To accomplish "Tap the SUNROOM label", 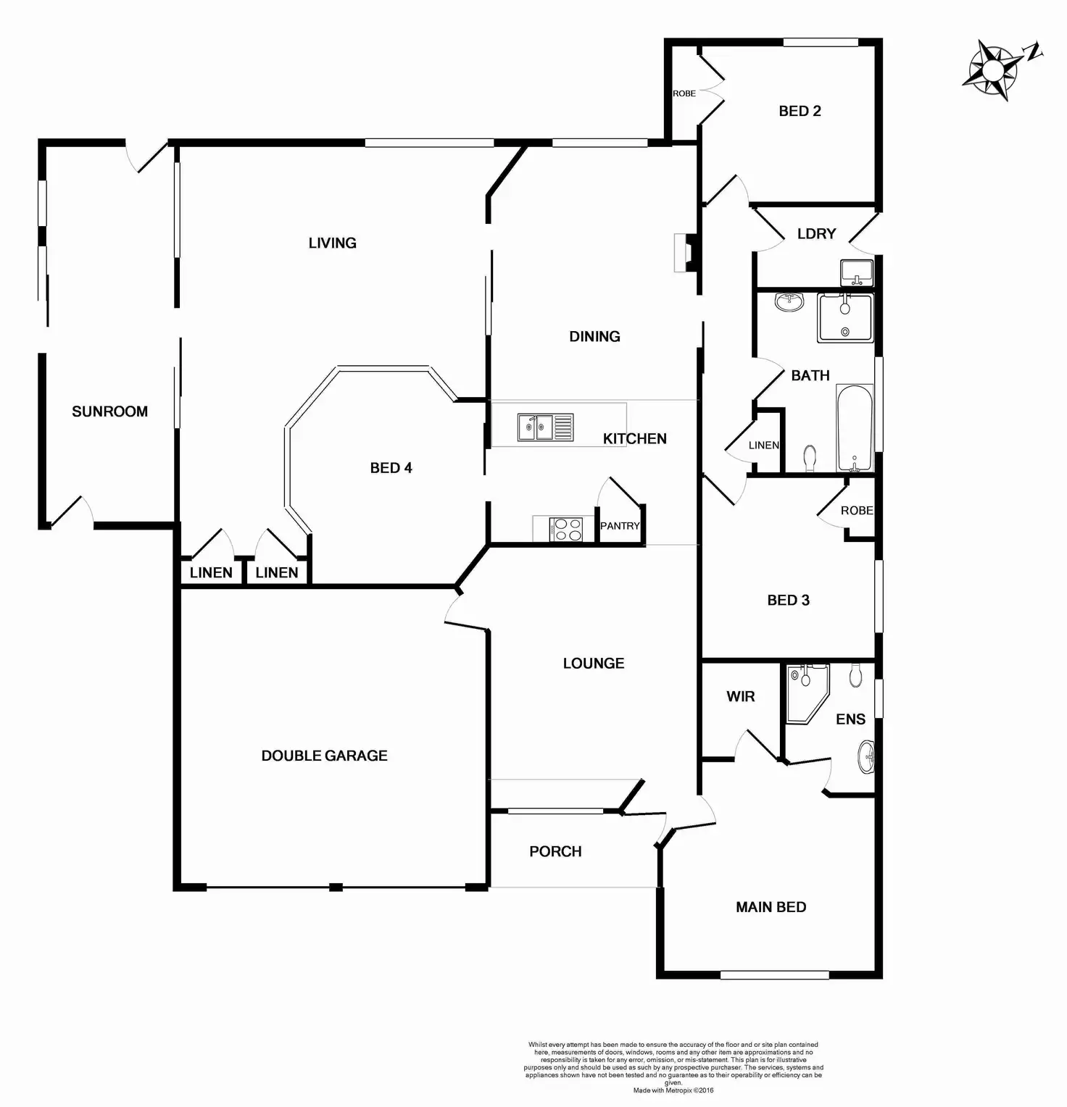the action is (109, 412).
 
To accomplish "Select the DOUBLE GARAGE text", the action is (324, 756).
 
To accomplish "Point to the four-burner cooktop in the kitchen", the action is (565, 529).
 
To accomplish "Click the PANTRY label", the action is (620, 526).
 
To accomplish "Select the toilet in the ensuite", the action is (856, 675).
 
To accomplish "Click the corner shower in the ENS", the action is (806, 692).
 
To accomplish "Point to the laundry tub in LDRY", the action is (857, 273).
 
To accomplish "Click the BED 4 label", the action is (391, 468).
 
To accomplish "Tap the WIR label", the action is (740, 696).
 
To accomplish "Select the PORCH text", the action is (555, 851).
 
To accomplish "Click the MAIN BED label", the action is (771, 907).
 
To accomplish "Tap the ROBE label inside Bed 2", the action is (684, 93).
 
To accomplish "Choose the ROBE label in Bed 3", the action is (856, 511).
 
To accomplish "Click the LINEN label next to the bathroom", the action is (763, 445).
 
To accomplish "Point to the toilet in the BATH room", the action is (810, 458).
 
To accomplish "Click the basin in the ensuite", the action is (865, 758).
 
